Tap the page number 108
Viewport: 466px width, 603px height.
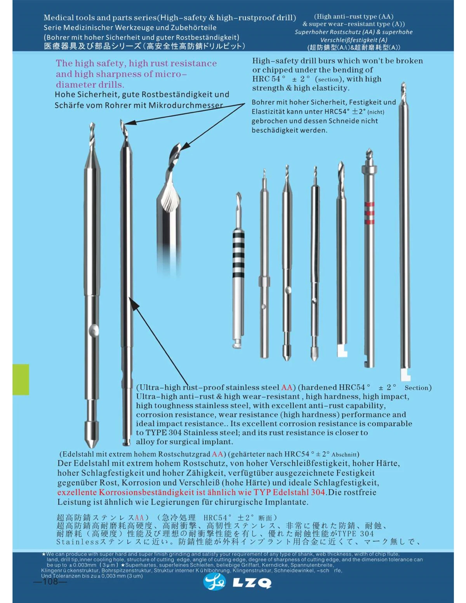[x=50, y=581]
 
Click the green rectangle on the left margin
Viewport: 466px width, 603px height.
[x=21, y=379]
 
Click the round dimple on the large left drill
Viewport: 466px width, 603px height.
[x=94, y=330]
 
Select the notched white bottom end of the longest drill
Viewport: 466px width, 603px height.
[x=405, y=376]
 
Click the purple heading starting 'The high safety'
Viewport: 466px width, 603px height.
[x=136, y=74]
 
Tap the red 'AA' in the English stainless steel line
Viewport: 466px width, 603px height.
[x=287, y=388]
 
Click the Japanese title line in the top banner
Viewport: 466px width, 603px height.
[x=144, y=46]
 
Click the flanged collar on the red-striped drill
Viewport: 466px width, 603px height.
[x=369, y=169]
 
